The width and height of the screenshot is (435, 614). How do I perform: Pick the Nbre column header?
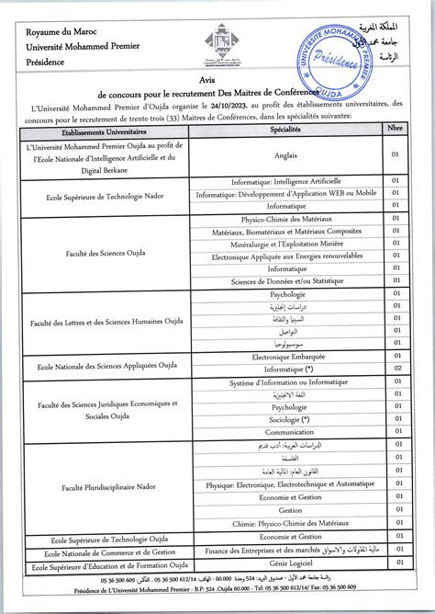396,131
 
